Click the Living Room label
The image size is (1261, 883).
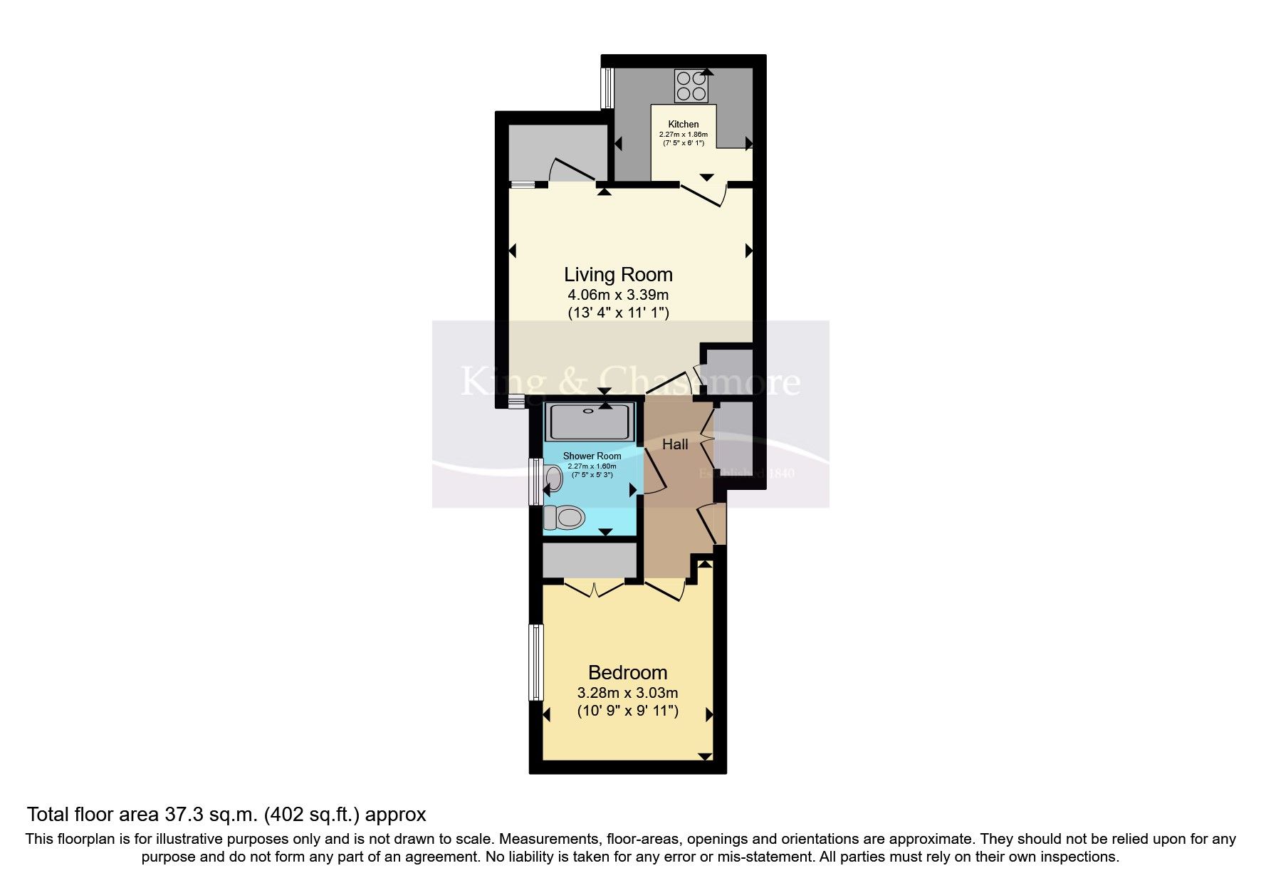[x=618, y=275]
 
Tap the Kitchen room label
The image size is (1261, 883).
[x=683, y=125]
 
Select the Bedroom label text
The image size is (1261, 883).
[x=627, y=672]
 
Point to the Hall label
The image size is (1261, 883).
[x=675, y=444]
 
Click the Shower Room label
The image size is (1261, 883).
[x=592, y=456]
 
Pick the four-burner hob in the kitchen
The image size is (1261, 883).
[x=691, y=87]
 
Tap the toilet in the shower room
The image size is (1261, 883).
[x=564, y=516]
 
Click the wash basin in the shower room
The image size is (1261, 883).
[x=553, y=478]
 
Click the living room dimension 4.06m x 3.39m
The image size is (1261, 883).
[x=618, y=295]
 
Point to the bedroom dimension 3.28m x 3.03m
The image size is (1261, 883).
[x=627, y=693]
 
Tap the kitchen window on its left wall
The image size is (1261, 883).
[x=607, y=88]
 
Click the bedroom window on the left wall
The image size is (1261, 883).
[x=535, y=662]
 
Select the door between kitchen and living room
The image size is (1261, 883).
[x=703, y=192]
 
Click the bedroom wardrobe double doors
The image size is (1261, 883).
[x=594, y=589]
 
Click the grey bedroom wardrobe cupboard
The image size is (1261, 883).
[x=590, y=560]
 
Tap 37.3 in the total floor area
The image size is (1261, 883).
[x=183, y=814]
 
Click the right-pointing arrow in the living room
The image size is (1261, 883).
[x=749, y=251]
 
